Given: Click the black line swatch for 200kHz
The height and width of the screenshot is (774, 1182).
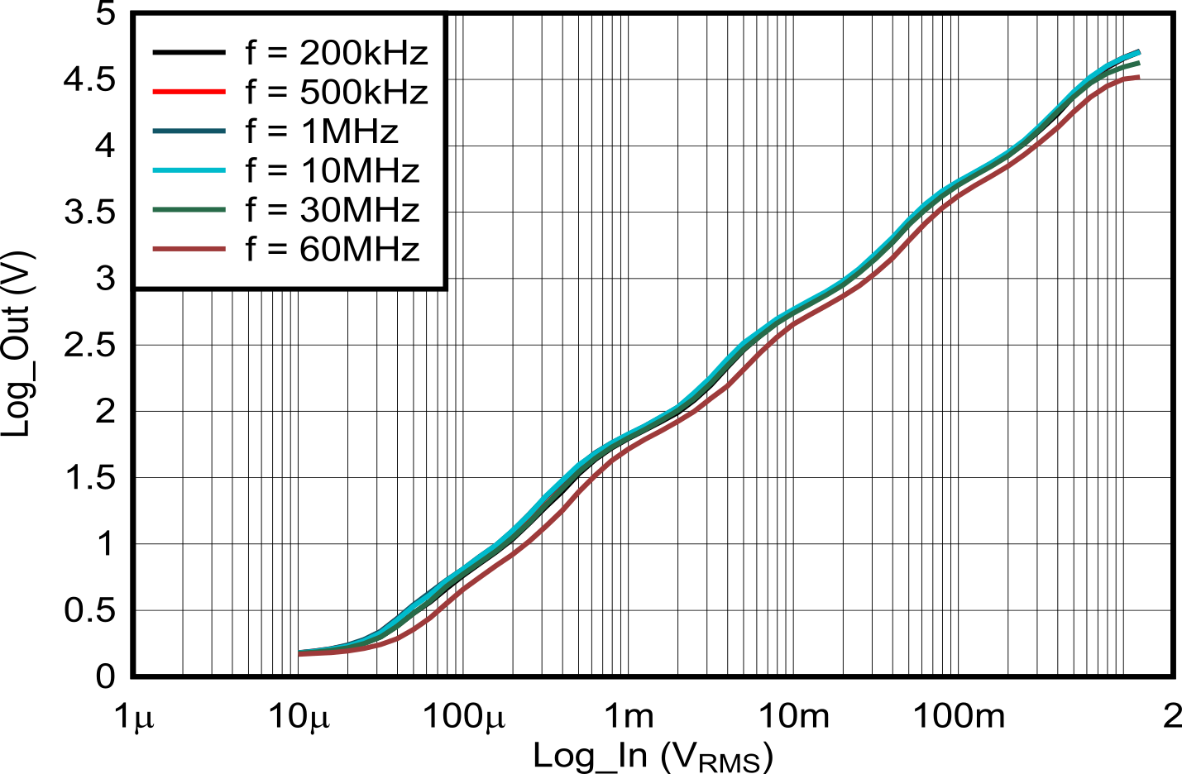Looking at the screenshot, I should (x=189, y=53).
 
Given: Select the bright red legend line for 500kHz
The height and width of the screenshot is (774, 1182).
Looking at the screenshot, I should (x=189, y=92).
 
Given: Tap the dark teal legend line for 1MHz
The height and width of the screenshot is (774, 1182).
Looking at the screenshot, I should (x=189, y=131).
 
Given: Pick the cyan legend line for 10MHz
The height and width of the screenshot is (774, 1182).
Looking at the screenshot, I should (x=189, y=170).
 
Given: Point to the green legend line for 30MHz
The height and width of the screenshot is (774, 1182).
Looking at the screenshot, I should (x=189, y=210).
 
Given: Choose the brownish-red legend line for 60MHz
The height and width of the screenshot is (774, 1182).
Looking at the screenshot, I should (x=189, y=249).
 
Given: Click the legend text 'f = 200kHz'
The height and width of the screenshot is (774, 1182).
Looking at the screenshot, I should (x=336, y=53).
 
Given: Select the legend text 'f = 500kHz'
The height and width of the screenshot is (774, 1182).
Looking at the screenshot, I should (x=336, y=92).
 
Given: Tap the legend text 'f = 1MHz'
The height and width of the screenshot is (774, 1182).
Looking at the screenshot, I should (x=322, y=131).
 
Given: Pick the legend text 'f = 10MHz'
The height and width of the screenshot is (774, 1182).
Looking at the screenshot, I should (x=332, y=170).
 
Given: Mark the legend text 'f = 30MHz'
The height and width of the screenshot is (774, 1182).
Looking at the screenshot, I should (x=332, y=210).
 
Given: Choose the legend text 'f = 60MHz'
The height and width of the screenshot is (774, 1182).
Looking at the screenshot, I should (x=332, y=249).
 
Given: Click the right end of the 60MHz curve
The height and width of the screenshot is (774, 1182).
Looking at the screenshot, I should (x=1139, y=77).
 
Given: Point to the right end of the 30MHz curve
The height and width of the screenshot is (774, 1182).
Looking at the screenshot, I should (x=1139, y=62).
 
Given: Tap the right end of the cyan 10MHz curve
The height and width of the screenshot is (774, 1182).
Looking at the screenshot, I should (x=1139, y=51).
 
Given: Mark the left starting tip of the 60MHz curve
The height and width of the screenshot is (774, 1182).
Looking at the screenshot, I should (x=300, y=653).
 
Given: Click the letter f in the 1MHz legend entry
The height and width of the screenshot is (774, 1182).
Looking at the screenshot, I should (x=251, y=131).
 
